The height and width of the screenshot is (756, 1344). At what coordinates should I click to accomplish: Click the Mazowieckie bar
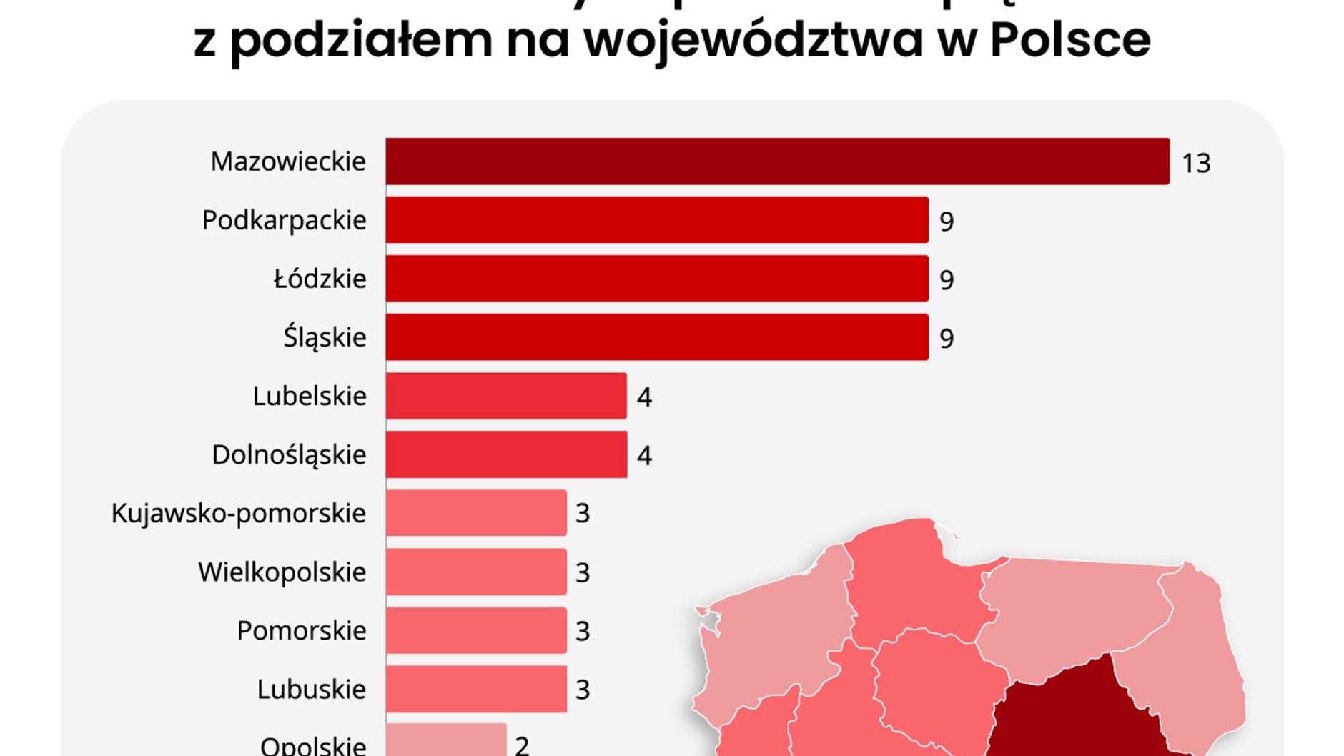click(x=777, y=161)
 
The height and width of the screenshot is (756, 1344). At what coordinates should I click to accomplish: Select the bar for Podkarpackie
click(x=657, y=220)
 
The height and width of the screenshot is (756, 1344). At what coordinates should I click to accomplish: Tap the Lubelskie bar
click(x=506, y=396)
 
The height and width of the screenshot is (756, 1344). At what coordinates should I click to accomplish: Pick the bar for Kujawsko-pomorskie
click(x=476, y=513)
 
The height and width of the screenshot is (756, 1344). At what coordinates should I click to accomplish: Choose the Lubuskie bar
click(x=476, y=689)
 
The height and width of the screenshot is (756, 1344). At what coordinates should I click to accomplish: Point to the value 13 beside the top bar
click(x=1196, y=164)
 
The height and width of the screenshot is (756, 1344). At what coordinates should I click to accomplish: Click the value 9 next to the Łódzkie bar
click(x=947, y=280)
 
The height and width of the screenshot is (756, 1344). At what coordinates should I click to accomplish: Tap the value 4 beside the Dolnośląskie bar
click(x=644, y=456)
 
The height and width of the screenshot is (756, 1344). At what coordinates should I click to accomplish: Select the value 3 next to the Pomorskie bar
click(x=583, y=632)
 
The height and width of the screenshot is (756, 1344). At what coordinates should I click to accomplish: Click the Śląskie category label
click(x=325, y=337)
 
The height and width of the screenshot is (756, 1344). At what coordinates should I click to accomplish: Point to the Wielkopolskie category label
click(x=282, y=572)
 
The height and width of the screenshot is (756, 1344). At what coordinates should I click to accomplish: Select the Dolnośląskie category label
click(x=289, y=455)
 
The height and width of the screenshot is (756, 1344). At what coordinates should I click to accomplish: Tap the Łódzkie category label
click(x=320, y=279)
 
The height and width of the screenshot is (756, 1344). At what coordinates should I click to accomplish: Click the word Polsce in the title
click(x=1070, y=40)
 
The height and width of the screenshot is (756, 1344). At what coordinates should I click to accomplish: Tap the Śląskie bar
click(x=657, y=337)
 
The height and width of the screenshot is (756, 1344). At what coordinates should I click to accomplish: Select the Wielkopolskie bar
click(x=476, y=572)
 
